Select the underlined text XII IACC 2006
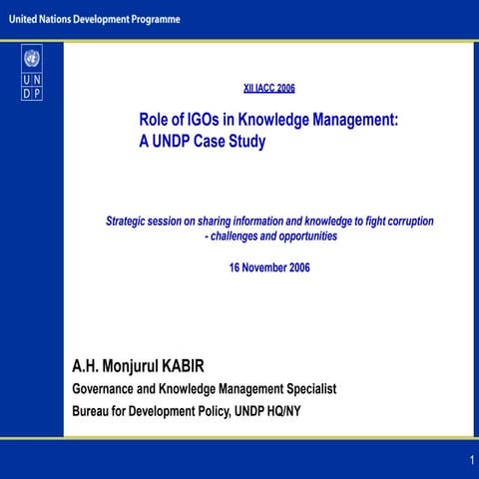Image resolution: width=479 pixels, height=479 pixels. coord(269,88)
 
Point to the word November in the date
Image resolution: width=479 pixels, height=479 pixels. coord(268,267)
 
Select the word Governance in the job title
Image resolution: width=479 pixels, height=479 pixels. coord(109,388)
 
